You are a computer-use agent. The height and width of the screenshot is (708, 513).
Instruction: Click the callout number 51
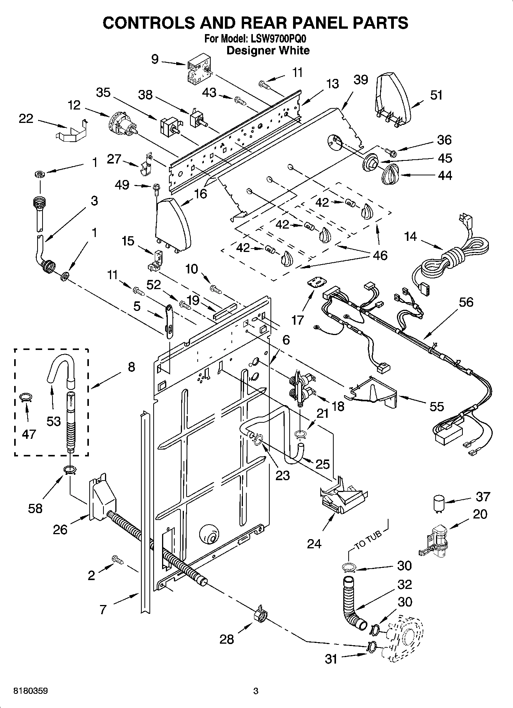pyautogui.click(x=436, y=95)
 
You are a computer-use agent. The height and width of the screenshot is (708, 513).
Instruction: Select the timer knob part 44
pyautogui.click(x=391, y=175)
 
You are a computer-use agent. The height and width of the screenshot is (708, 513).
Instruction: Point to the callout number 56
pyautogui.click(x=466, y=302)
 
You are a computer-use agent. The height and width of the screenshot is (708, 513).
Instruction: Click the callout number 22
pyautogui.click(x=26, y=119)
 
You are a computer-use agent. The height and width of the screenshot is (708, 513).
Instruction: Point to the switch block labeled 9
pyautogui.click(x=198, y=71)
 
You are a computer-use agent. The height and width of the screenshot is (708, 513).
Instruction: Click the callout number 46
pyautogui.click(x=380, y=255)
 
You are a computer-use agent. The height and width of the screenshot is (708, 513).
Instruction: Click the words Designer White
pyautogui.click(x=268, y=51)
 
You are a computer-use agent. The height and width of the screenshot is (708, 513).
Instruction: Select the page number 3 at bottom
pyautogui.click(x=256, y=691)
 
